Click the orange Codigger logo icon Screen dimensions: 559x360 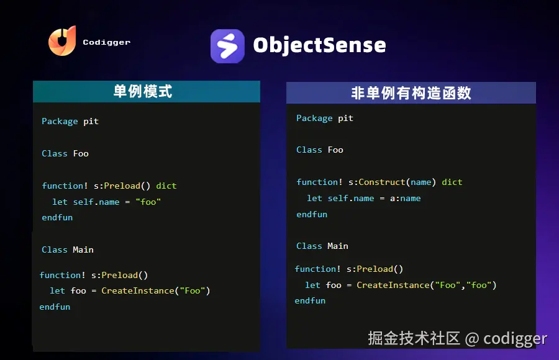click(62, 40)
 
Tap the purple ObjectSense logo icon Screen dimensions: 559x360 click(227, 46)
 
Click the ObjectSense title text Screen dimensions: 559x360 click(319, 45)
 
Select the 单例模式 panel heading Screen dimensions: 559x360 click(143, 91)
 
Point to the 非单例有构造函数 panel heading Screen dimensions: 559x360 click(411, 93)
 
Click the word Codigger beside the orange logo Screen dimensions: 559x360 click(107, 42)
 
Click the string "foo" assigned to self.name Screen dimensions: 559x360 click(148, 202)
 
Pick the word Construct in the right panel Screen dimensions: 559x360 click(382, 182)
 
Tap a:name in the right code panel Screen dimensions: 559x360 click(406, 198)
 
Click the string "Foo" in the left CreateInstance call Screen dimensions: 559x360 click(193, 291)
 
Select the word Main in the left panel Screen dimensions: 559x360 click(83, 250)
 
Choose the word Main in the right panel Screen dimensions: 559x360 click(338, 246)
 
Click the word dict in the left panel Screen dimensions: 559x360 click(166, 186)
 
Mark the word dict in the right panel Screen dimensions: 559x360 click(452, 182)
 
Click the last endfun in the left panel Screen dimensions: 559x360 click(55, 307)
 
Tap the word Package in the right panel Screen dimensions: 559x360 click(314, 119)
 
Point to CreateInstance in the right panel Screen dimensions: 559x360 click(393, 285)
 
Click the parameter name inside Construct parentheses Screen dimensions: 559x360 click(421, 182)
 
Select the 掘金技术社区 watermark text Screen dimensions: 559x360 click(414, 338)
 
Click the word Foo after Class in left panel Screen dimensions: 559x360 click(81, 154)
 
